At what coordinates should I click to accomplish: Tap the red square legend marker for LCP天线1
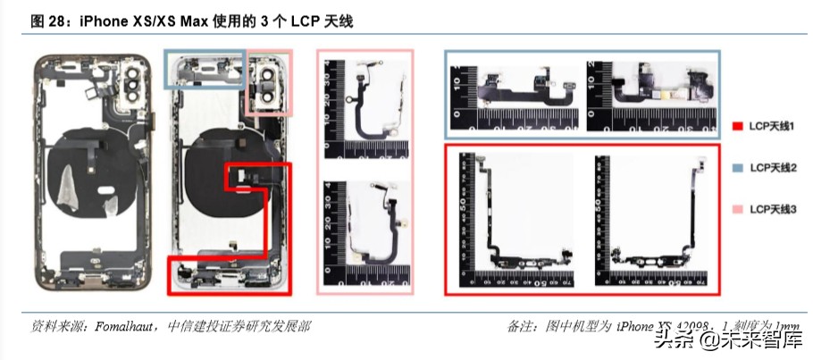coord(737,128)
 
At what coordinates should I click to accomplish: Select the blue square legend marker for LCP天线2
coord(737,168)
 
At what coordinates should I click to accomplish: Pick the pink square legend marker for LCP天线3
coord(737,208)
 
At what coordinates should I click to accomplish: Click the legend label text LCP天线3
coord(773,208)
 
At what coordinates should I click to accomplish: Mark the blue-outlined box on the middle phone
coord(205,68)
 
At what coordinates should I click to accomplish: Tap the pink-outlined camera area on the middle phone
coord(268,84)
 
